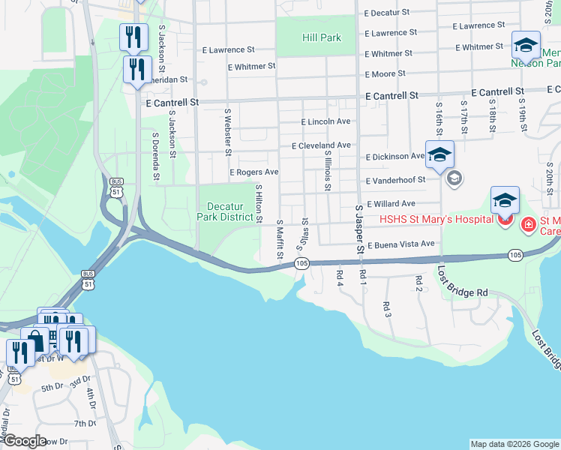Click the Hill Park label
[x=321, y=37]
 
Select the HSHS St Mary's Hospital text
[x=436, y=219]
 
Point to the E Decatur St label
[x=386, y=13]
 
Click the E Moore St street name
[x=385, y=73]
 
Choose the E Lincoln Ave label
[x=325, y=121]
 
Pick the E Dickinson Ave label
[x=394, y=157]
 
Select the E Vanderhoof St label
[x=395, y=180]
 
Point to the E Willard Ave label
[x=390, y=203]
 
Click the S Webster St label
[x=227, y=131]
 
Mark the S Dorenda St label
[x=155, y=157]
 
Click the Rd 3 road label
[x=386, y=308]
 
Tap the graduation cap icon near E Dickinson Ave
[x=439, y=154]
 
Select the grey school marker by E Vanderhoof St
[x=454, y=178]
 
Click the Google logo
[x=24, y=441]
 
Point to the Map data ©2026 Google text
[x=514, y=444]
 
